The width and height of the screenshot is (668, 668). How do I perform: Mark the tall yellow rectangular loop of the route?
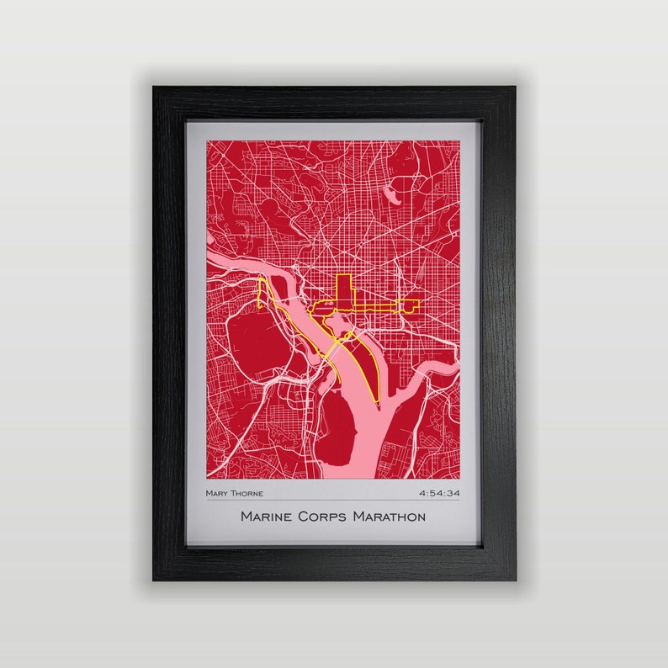pos(343,290)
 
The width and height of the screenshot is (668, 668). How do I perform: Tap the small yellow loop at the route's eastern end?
pos(413,305)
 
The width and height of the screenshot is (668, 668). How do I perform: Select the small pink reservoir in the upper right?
pos(392,194)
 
